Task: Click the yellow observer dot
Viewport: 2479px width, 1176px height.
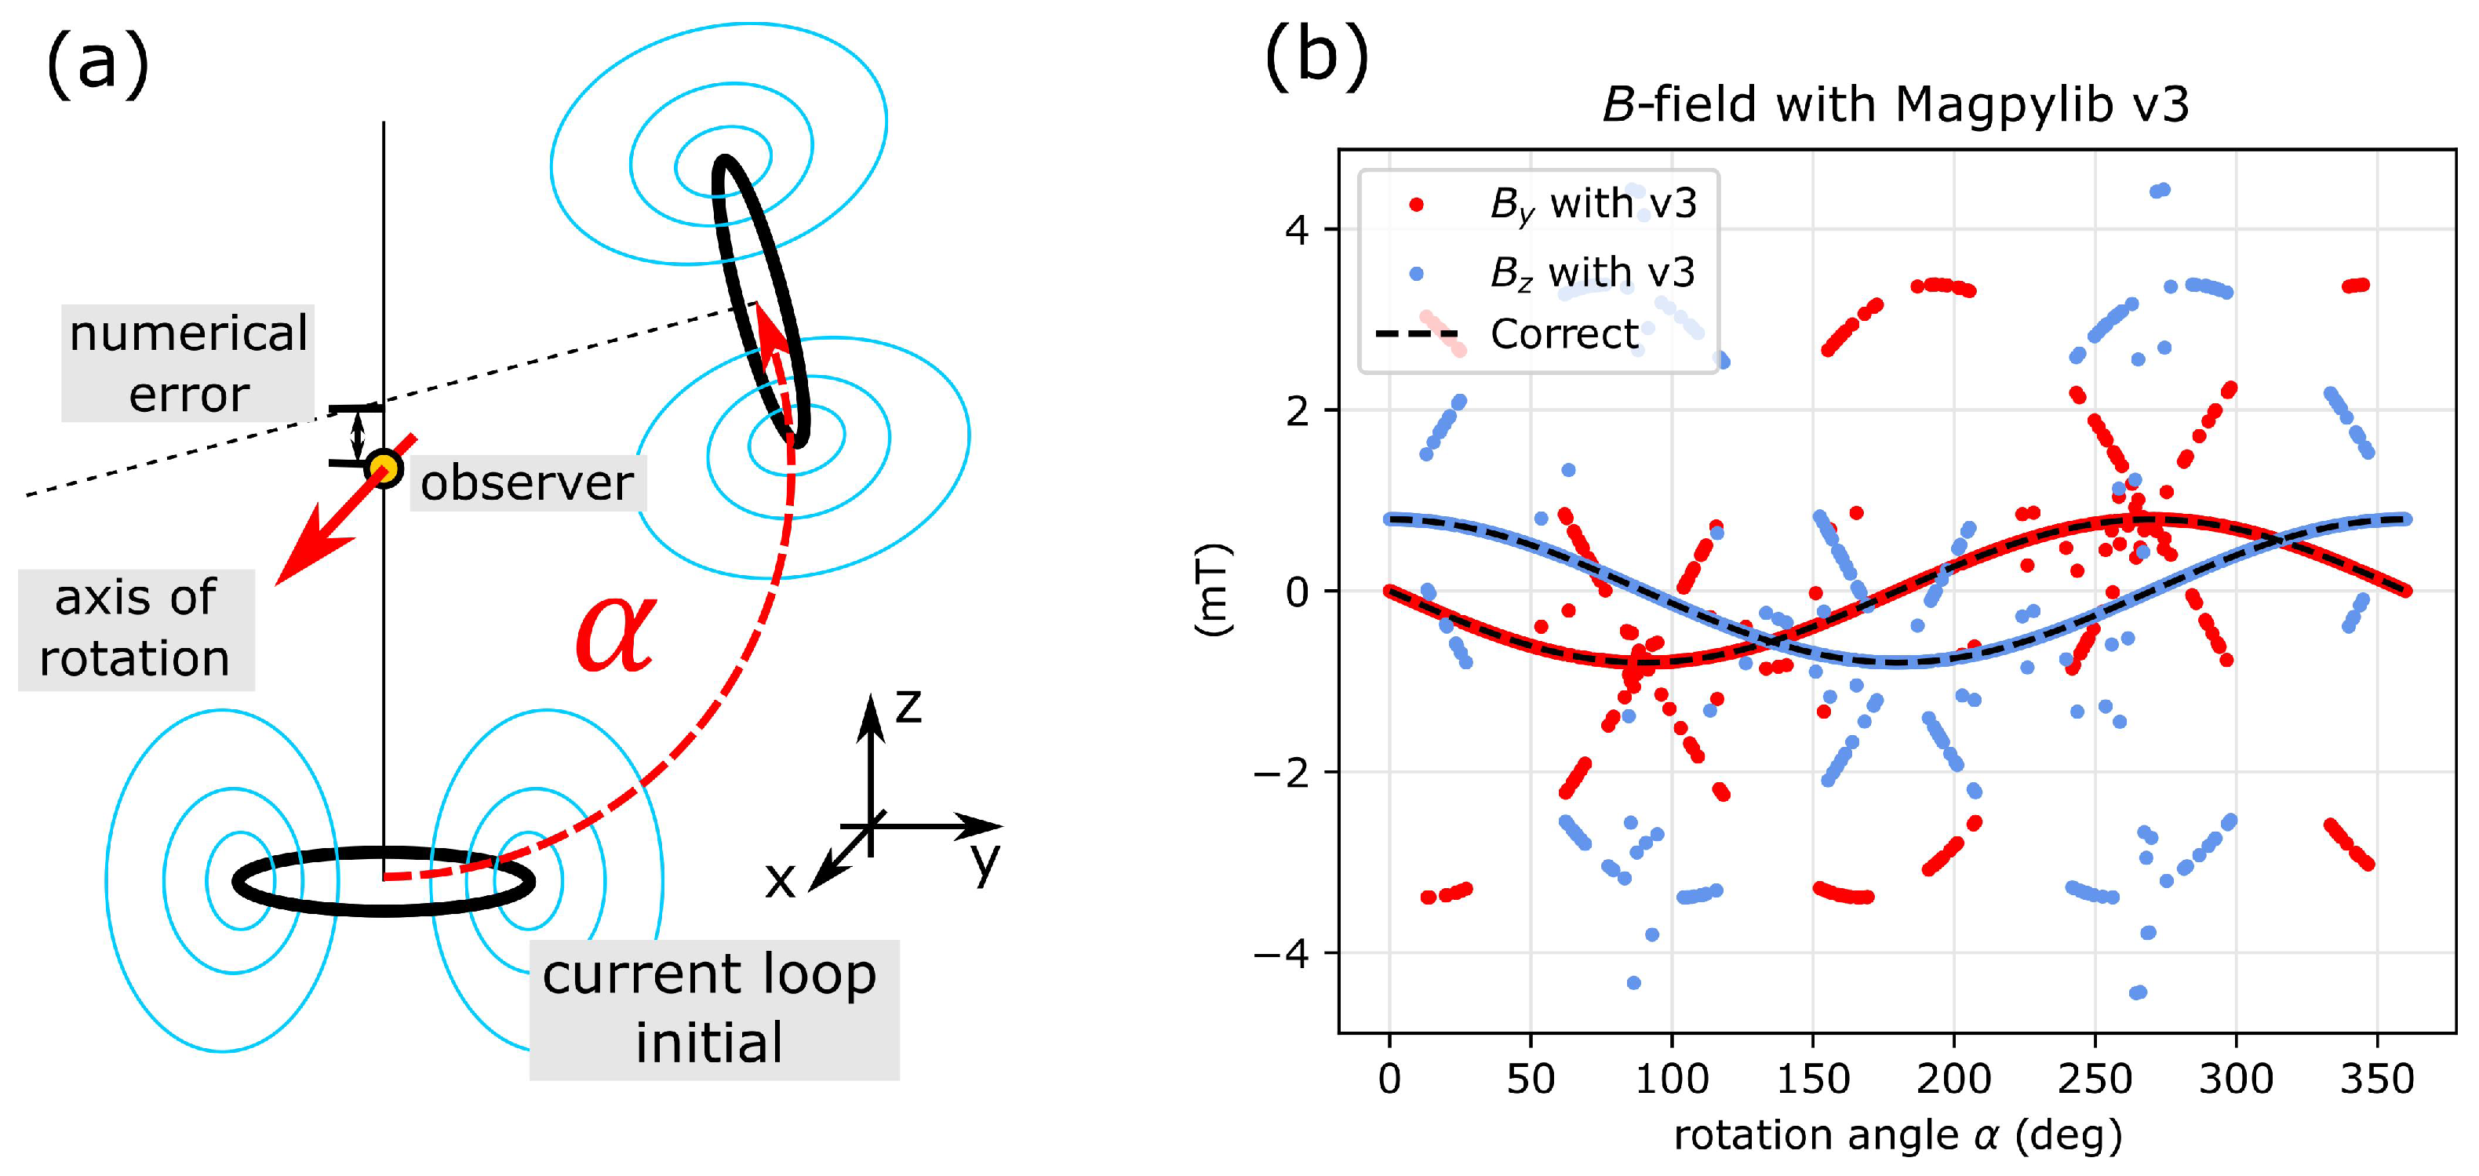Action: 384,468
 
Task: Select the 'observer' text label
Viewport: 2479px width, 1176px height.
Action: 527,482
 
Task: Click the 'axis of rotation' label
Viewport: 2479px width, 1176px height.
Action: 136,628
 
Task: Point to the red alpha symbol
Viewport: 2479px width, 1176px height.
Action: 617,632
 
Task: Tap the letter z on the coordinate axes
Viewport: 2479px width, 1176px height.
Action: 908,705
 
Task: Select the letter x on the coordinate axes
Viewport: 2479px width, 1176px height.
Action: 780,879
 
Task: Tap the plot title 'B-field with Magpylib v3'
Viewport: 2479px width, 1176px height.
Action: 1895,104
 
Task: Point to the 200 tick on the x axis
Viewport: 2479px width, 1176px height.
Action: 1953,1079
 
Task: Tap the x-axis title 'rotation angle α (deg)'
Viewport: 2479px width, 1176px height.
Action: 1897,1135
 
